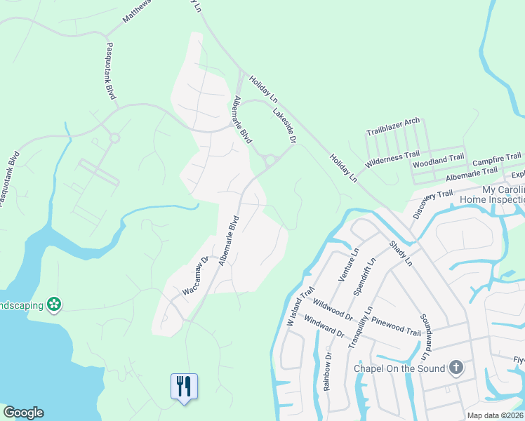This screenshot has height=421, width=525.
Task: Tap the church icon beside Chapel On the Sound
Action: [x=456, y=368]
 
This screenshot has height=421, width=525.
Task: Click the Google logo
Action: [x=23, y=413]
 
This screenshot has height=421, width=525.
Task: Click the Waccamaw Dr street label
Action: [x=196, y=274]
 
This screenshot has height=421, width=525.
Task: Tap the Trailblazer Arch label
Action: [x=393, y=127]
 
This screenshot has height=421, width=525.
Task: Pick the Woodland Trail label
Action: [x=438, y=161]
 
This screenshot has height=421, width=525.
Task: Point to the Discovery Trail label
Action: [x=433, y=203]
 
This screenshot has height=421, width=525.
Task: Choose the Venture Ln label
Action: [x=348, y=265]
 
